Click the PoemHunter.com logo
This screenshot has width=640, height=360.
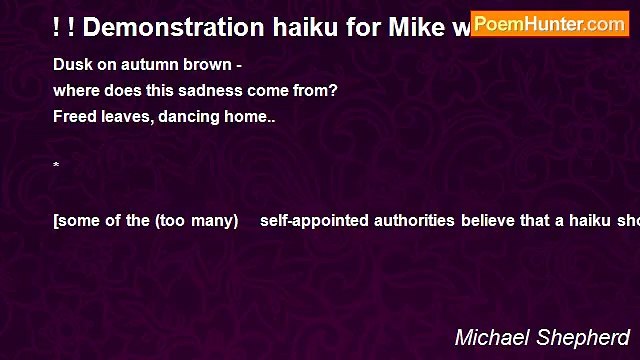tap(549, 24)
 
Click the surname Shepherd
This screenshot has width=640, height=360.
tap(585, 338)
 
